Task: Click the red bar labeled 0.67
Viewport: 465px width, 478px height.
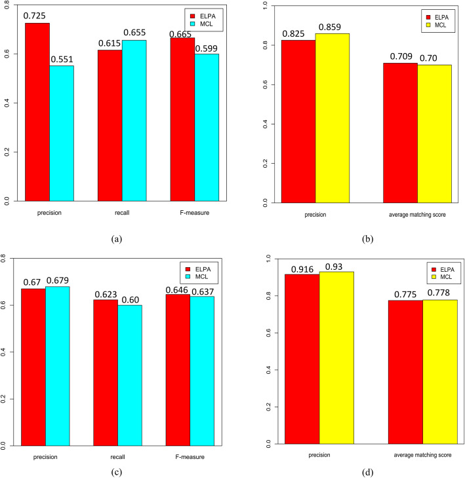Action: click(x=33, y=367)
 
